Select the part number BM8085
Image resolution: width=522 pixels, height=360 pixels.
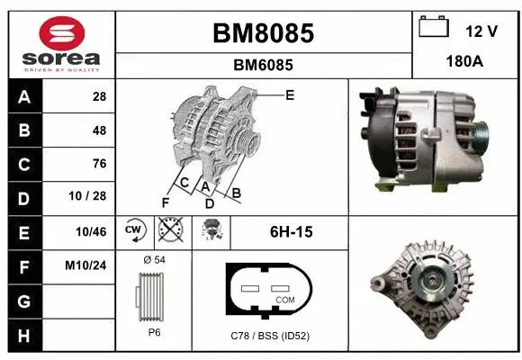pos(263,33)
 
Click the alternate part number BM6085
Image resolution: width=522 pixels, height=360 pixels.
pos(263,65)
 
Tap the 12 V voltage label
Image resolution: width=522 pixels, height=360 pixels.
pos(481,31)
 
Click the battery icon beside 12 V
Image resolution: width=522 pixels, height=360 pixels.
pos(434,28)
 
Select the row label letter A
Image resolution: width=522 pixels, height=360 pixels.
pos(23,96)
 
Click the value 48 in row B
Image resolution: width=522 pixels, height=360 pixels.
pos(99,130)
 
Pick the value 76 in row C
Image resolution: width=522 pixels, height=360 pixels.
pos(99,164)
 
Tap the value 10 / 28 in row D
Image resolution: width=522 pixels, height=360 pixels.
pos(94,197)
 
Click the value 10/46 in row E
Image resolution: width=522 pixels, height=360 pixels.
pos(94,231)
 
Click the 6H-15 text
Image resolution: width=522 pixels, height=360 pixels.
pos(291,232)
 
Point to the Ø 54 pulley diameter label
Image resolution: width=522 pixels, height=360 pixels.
pos(154,260)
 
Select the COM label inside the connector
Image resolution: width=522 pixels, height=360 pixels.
pos(284,299)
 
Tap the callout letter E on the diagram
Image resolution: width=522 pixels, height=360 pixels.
pos(289,94)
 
